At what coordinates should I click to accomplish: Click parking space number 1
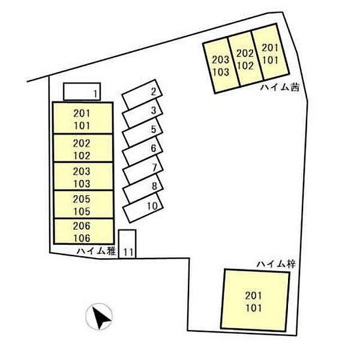[x=82, y=92]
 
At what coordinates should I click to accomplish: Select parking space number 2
[x=142, y=94]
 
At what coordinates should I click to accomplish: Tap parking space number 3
[x=143, y=113]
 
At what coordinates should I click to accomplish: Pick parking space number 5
[x=143, y=132]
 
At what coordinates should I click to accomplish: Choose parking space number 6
[x=143, y=151]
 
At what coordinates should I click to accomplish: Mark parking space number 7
[x=143, y=169]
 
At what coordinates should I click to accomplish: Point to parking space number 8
[x=143, y=188]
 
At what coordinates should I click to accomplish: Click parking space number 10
[x=143, y=208]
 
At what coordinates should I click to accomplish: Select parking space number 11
[x=127, y=244]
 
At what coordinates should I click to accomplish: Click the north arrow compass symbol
[x=99, y=317]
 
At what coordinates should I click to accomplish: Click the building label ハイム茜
[x=280, y=88]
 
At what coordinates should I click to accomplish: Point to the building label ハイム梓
[x=276, y=264]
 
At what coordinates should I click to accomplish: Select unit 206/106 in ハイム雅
[x=83, y=232]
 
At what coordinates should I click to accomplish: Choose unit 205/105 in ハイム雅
[x=83, y=205]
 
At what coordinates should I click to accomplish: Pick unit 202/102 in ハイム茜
[x=245, y=59]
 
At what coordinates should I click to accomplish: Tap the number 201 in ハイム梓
[x=253, y=295]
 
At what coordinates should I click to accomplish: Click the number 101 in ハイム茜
[x=271, y=60]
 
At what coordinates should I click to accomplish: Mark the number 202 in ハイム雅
[x=82, y=143]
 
